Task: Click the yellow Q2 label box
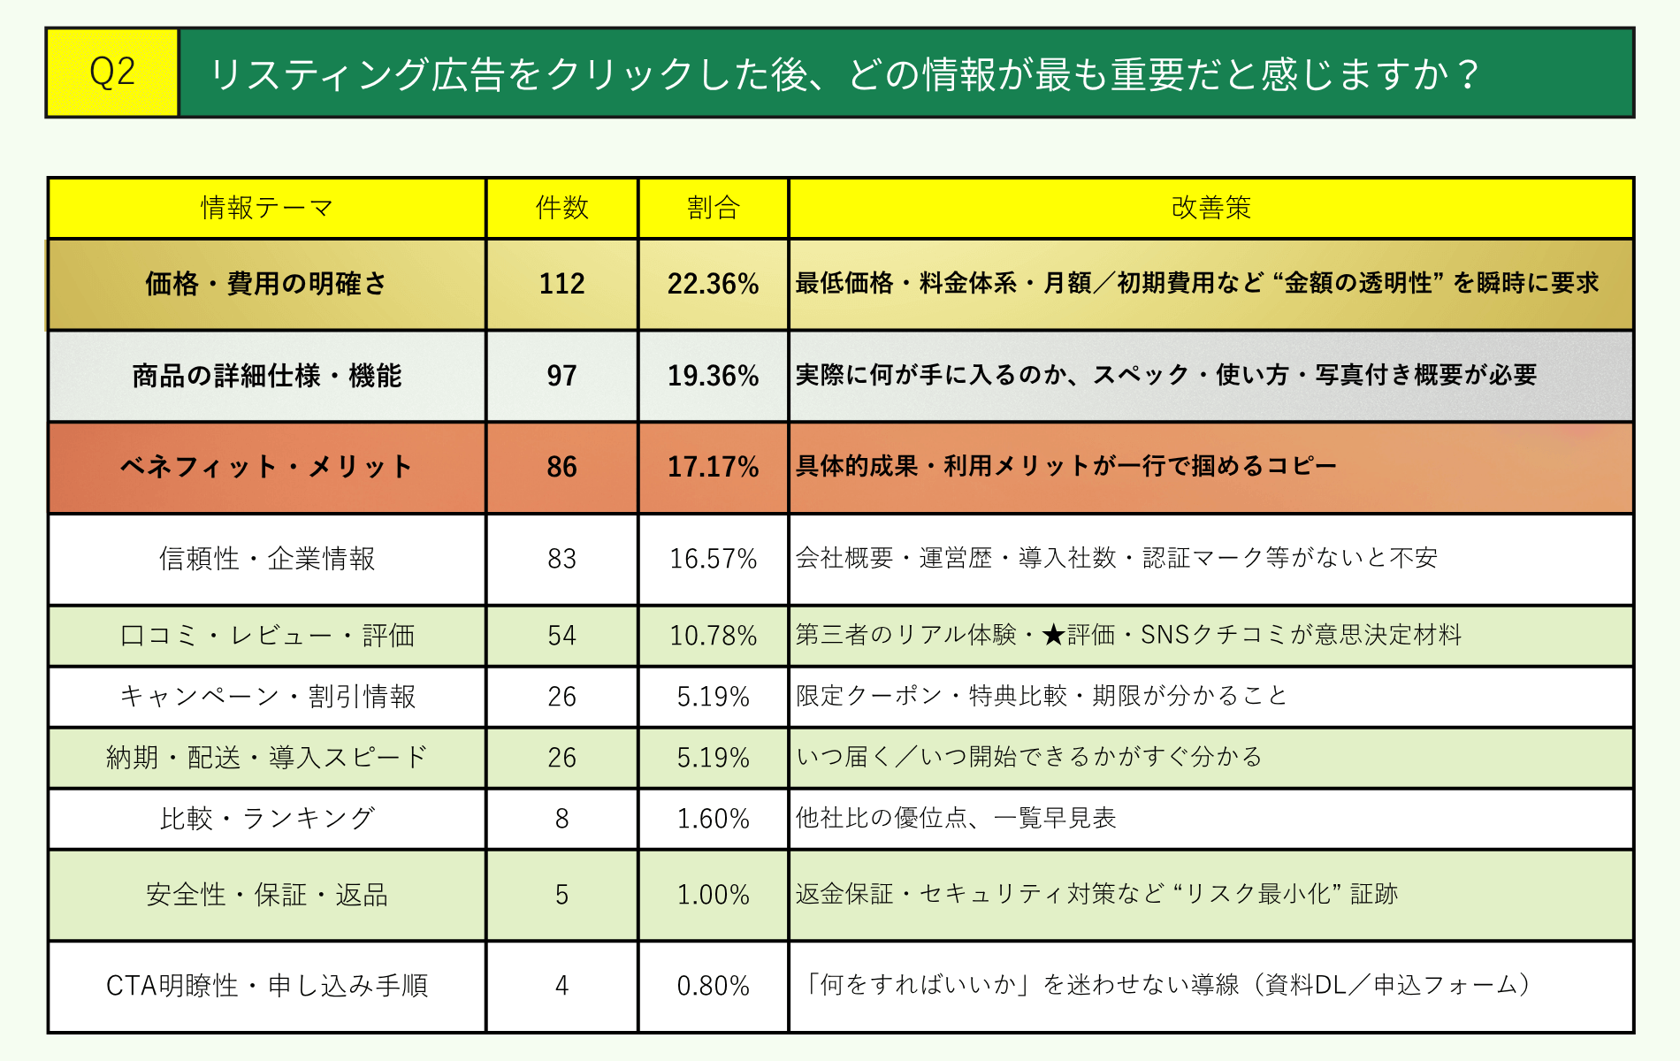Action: pos(112,73)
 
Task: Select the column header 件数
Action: pos(561,208)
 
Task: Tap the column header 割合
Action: pos(713,208)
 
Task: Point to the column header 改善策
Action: pos(1210,208)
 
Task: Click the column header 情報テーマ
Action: pos(266,208)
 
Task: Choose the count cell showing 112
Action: pos(561,284)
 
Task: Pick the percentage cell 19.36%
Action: pos(713,376)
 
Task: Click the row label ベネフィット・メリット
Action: pos(266,467)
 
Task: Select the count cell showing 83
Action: pos(561,559)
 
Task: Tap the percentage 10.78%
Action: pos(713,636)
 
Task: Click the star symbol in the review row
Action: pos(1052,635)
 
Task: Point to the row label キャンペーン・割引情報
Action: pos(266,697)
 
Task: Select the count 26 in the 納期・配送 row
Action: pos(561,758)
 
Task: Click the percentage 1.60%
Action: pos(713,819)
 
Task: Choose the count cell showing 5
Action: pos(561,895)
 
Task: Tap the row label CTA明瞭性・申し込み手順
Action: pos(266,986)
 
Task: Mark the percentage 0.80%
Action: pos(713,986)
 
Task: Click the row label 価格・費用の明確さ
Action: pos(266,284)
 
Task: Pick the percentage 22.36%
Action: pos(713,284)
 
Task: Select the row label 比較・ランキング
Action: pos(266,819)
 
